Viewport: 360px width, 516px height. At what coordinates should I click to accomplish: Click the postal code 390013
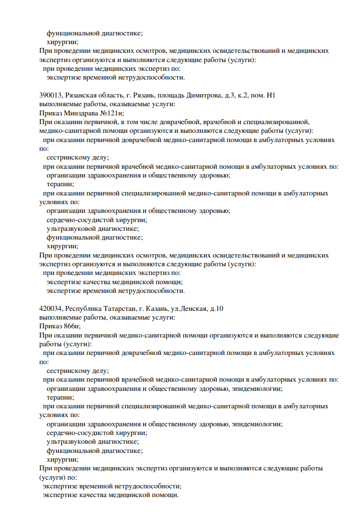(50, 96)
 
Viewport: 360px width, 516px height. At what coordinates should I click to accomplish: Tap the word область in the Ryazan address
(115, 96)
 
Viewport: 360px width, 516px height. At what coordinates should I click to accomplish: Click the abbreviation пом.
(269, 96)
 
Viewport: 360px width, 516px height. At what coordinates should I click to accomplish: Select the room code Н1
(280, 96)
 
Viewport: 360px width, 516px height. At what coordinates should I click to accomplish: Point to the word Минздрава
(79, 113)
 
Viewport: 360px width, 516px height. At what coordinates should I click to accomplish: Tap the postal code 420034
(50, 308)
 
